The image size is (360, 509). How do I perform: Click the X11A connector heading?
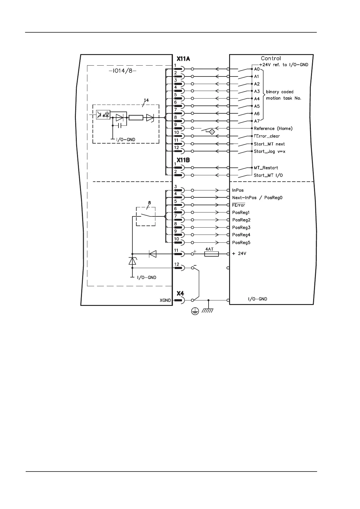183,59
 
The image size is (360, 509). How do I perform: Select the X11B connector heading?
183,160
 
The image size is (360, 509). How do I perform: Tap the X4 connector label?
180,293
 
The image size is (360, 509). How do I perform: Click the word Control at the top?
271,58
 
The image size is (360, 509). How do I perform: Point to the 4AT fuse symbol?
211,254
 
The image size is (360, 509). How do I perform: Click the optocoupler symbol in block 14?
103,115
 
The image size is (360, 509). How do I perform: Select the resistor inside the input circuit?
136,118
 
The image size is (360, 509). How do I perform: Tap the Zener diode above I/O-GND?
132,261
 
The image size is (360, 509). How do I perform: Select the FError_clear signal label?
267,136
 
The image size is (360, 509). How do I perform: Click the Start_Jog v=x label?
269,151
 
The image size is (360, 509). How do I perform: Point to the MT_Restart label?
266,168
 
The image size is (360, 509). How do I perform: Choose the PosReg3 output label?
241,228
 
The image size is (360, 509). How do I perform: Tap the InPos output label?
238,190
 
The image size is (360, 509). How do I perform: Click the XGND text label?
165,300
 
